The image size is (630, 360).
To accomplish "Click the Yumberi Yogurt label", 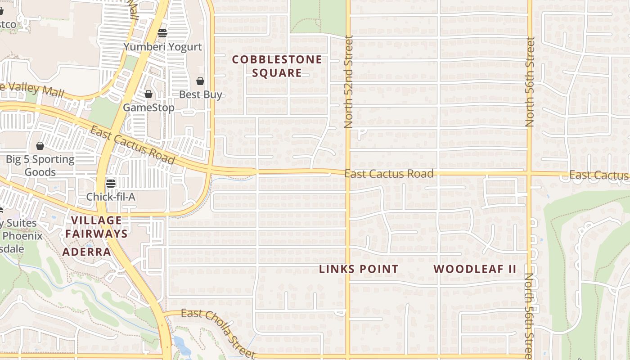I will (x=162, y=47).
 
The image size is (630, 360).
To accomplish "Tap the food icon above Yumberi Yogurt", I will (x=162, y=33).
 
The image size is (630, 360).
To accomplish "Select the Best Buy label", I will (x=200, y=94).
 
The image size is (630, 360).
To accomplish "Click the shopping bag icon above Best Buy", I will (x=200, y=81).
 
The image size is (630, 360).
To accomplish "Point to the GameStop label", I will (x=148, y=108).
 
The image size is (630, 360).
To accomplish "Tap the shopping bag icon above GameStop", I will (x=148, y=94).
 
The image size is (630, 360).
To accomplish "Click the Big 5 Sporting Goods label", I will (x=40, y=166).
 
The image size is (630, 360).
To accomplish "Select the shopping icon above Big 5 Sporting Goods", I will (x=40, y=146).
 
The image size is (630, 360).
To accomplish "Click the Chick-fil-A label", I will (x=111, y=197).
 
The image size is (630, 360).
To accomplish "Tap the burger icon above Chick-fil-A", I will (x=111, y=183).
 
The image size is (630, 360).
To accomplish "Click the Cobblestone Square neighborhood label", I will (x=277, y=66).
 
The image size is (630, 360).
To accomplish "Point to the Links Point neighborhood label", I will (x=359, y=269).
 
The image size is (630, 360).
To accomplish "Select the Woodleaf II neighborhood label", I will (x=475, y=269).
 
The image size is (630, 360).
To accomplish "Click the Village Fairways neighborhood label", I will (x=97, y=227).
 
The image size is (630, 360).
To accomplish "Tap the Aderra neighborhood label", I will (x=86, y=252).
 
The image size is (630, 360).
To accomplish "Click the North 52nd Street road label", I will (x=348, y=82).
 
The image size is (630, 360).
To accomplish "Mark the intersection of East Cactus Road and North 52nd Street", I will (x=348, y=172).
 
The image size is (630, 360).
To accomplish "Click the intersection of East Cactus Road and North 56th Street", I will (x=530, y=173).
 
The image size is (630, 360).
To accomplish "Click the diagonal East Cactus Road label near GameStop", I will (x=132, y=145).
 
